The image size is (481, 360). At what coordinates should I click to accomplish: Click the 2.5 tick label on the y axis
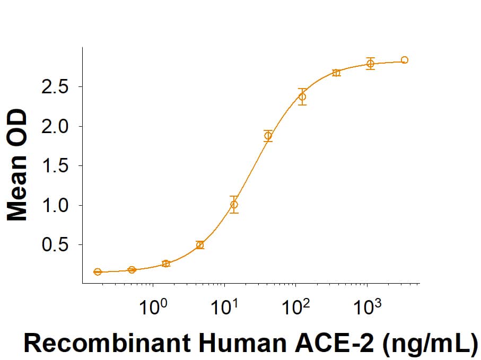click(x=55, y=87)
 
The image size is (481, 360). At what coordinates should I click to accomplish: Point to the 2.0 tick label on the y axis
click(x=55, y=127)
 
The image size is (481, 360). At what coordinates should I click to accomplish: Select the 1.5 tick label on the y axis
click(x=55, y=166)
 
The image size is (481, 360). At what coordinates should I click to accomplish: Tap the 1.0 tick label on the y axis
click(x=55, y=206)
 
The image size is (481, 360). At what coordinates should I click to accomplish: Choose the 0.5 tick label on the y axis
click(x=55, y=245)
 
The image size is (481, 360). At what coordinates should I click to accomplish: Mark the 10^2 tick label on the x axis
click(x=295, y=306)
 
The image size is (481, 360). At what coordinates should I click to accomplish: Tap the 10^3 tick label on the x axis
click(x=367, y=306)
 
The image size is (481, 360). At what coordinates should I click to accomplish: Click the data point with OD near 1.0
click(x=234, y=204)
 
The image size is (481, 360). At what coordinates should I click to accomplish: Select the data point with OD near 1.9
click(x=268, y=136)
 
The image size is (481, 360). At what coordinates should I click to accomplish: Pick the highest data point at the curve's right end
click(x=405, y=60)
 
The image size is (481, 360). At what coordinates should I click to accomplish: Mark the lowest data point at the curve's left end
click(x=98, y=272)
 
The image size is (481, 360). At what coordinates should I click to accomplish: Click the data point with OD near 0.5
click(x=200, y=245)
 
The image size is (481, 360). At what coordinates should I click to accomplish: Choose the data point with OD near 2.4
click(x=302, y=96)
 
